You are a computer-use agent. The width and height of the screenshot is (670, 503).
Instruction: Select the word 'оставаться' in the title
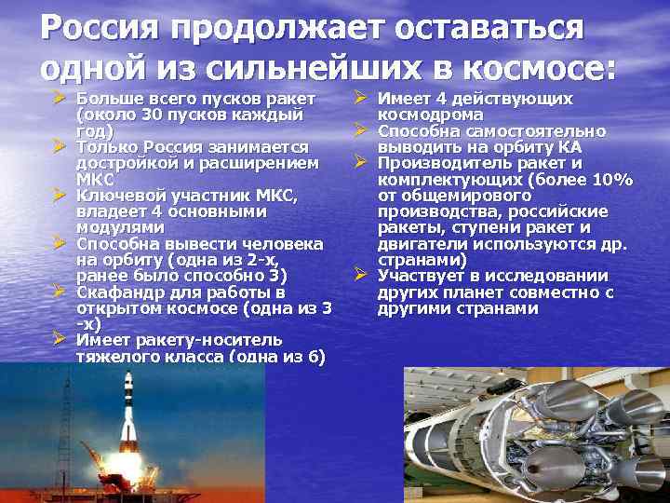(490, 27)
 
